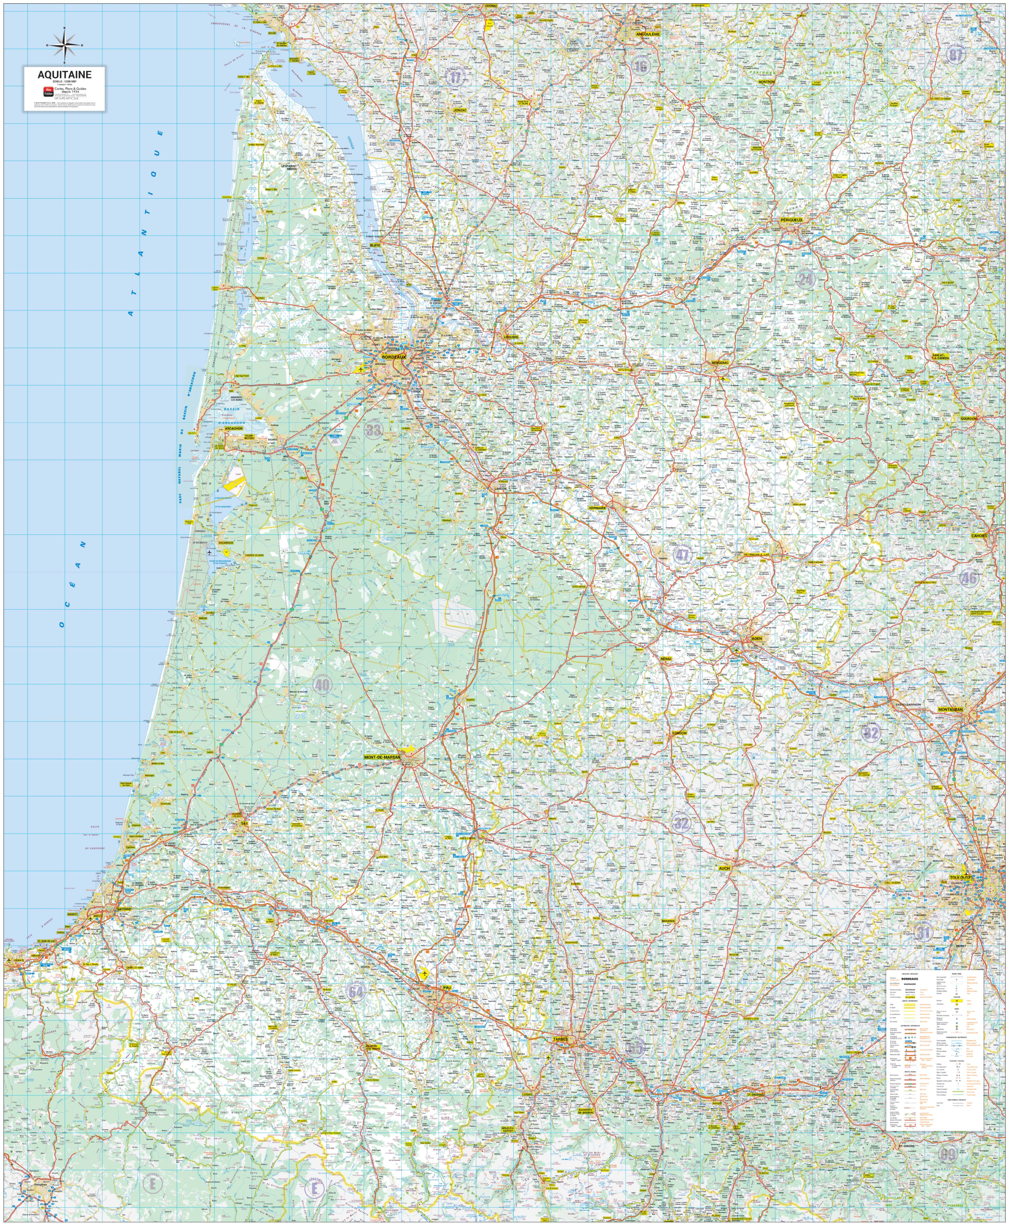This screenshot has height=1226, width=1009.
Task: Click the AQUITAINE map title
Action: [x=65, y=74]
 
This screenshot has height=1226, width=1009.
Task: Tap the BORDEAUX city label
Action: [x=394, y=356]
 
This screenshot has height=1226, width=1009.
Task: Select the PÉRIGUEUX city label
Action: [x=791, y=220]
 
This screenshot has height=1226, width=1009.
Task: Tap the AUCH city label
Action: [x=724, y=868]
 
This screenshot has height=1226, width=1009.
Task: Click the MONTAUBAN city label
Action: [x=950, y=709]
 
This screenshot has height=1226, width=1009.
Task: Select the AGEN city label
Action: [x=756, y=638]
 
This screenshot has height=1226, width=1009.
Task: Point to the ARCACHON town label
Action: [x=233, y=429]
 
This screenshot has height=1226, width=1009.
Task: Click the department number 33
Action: [x=373, y=430]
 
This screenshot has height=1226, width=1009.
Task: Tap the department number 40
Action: [x=322, y=684]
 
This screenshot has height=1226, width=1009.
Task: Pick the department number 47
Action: [x=682, y=555]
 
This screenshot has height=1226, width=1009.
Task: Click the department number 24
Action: [x=805, y=279]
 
